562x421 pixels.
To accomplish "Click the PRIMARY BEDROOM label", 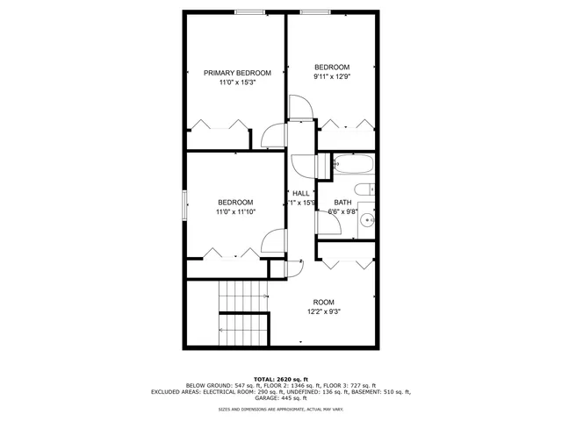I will (x=237, y=73).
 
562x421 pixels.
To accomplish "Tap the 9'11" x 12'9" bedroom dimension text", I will (x=332, y=77).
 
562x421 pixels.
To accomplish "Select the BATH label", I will (x=342, y=202).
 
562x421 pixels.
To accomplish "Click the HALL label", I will (x=300, y=193).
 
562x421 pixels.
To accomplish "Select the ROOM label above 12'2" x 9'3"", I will (x=324, y=301).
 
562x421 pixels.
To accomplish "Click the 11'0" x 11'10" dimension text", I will (x=235, y=211).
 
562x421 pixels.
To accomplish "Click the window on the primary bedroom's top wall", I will (x=250, y=11).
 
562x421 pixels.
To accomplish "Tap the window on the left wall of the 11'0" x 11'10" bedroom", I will (x=184, y=205).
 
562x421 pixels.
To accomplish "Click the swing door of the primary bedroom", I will (x=271, y=136).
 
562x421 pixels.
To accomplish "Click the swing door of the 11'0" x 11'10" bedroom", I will (x=277, y=242).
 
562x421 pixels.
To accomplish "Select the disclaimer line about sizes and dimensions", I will (x=280, y=409).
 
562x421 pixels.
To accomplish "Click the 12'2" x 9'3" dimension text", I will (x=324, y=310).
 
